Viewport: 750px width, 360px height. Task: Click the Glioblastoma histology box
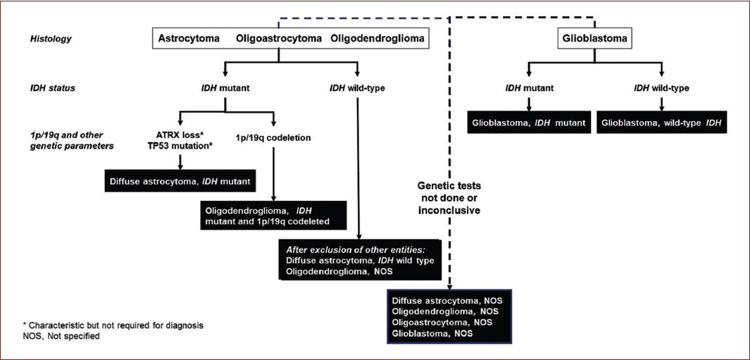click(593, 37)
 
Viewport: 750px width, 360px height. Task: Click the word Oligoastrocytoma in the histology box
click(279, 37)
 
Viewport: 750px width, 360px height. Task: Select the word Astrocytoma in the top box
click(189, 37)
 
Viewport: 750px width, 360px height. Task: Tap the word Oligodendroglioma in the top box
click(377, 37)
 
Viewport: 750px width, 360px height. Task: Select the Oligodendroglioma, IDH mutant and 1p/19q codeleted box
click(273, 216)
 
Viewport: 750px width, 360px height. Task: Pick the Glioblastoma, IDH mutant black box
click(528, 122)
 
